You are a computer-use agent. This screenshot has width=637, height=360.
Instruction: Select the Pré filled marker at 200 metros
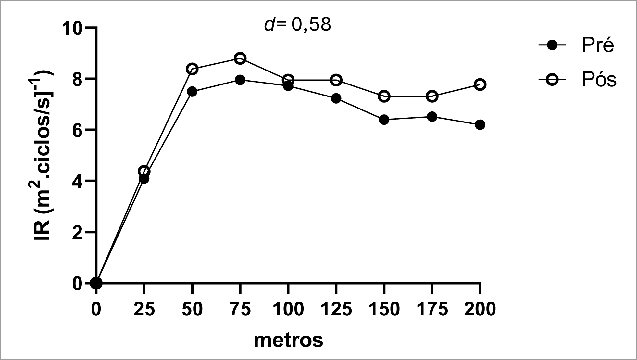click(x=480, y=125)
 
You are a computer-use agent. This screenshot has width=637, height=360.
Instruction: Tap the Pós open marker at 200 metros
click(x=480, y=85)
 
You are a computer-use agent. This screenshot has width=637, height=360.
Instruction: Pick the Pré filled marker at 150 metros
click(x=384, y=120)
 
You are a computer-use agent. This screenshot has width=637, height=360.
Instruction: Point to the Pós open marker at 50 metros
click(x=192, y=69)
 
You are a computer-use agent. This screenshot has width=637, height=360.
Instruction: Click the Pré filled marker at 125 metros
click(x=336, y=98)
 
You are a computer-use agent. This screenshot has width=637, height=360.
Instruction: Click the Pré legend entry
click(x=576, y=46)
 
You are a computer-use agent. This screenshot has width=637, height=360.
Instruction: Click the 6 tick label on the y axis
click(x=77, y=130)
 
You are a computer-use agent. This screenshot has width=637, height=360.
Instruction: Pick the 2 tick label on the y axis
click(x=77, y=232)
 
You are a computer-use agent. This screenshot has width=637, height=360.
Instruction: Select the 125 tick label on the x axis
click(x=336, y=309)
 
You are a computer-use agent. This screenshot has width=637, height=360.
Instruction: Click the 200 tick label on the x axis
click(x=480, y=309)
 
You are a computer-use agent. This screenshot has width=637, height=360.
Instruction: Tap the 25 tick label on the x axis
click(x=144, y=309)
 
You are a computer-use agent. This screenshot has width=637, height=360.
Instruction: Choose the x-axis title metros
click(x=288, y=341)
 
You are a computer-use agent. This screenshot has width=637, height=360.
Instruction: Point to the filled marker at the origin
click(x=96, y=283)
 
